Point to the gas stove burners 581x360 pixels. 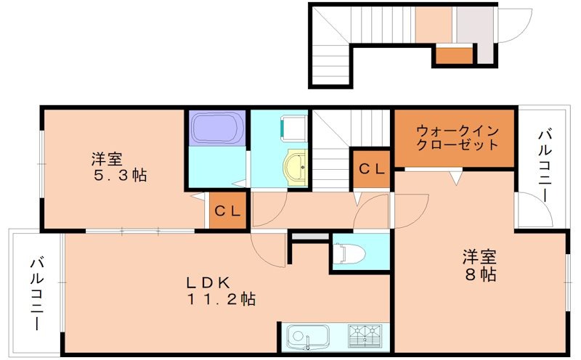pos(366,336)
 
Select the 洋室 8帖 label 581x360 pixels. pos(479,266)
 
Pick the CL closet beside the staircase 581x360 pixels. pos(373,169)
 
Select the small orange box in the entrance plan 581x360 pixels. pos(453,54)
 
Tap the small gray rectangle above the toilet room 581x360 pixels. pos(309,237)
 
